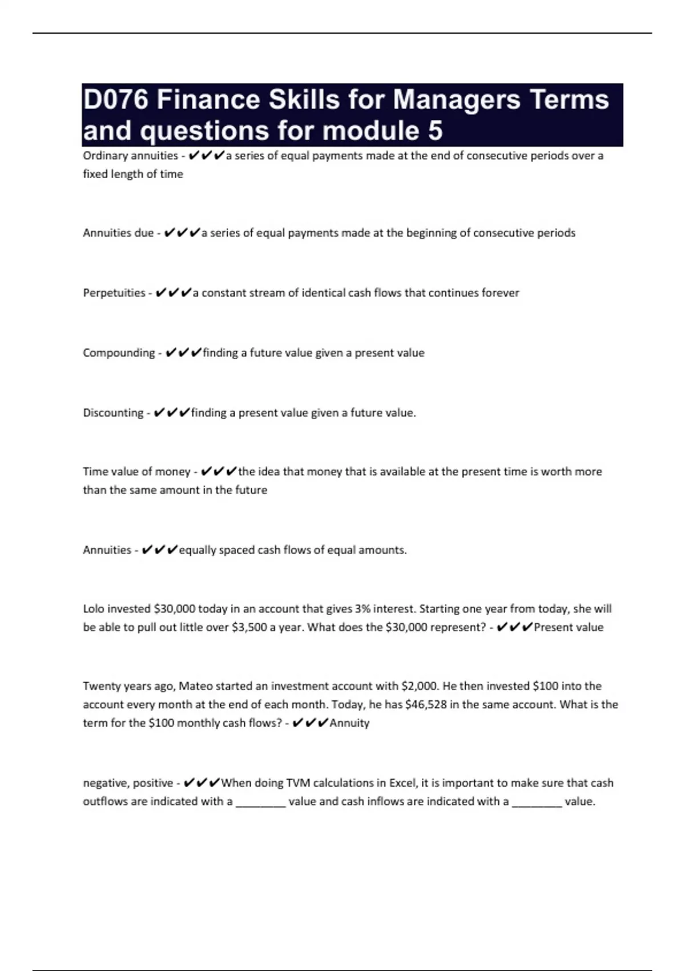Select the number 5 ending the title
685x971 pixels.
pyautogui.click(x=434, y=131)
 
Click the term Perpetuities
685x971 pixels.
pyautogui.click(x=114, y=293)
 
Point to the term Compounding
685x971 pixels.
pyautogui.click(x=119, y=353)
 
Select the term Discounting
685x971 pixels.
pyautogui.click(x=113, y=413)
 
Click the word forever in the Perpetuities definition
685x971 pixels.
pyautogui.click(x=500, y=293)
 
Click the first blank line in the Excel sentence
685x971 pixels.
pyautogui.click(x=260, y=802)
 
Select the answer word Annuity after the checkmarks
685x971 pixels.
pyautogui.click(x=349, y=723)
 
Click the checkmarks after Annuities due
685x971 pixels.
pyautogui.click(x=182, y=233)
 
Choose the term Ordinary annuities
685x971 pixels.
pyautogui.click(x=130, y=156)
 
